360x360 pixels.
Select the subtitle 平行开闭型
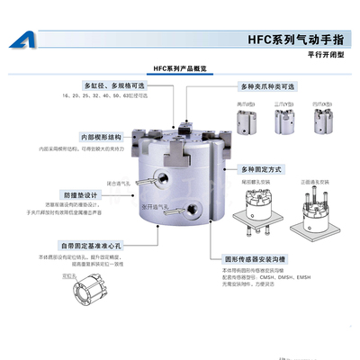tap(327, 55)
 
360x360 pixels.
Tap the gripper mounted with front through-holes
tap(307, 209)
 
